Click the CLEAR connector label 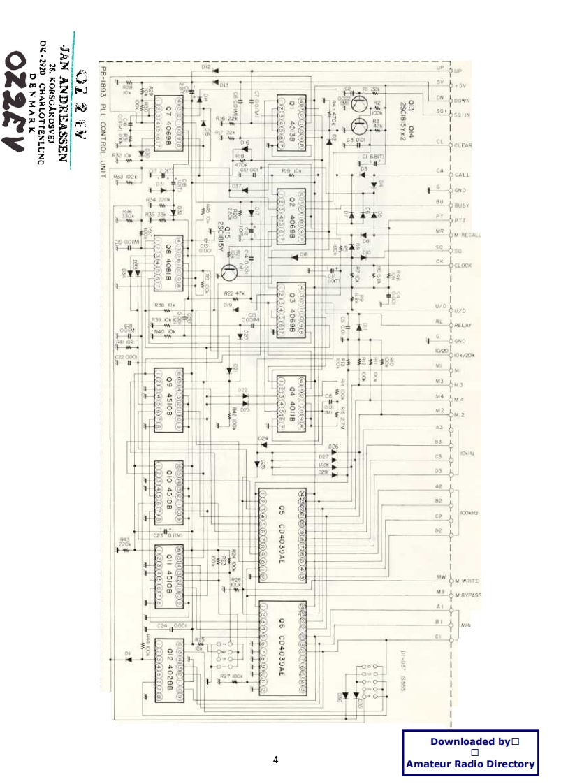pos(463,145)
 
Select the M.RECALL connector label pos(467,235)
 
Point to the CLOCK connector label pos(463,266)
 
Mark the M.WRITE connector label pos(466,581)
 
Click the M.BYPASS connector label pos(467,595)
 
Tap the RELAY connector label pos(463,325)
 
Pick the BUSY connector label pos(462,205)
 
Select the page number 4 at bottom pos(275,760)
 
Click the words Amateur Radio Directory pos(470,764)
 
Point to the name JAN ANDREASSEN pos(65,101)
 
